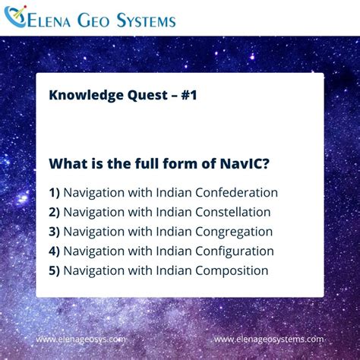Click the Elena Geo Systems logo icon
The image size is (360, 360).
point(16,17)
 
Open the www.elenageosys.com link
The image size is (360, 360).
point(81,339)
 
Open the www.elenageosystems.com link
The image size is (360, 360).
point(269,339)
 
